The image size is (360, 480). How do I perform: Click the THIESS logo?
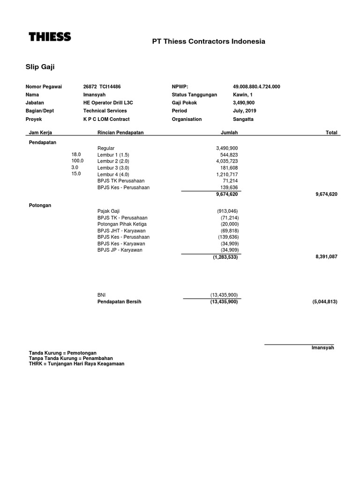pyautogui.click(x=50, y=37)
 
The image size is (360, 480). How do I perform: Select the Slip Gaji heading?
pyautogui.click(x=40, y=67)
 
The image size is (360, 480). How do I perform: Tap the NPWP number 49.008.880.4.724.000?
pyautogui.click(x=256, y=87)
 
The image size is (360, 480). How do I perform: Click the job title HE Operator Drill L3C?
pyautogui.click(x=108, y=103)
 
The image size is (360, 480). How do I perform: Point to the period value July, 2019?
pyautogui.click(x=244, y=111)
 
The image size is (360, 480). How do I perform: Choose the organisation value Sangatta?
pyautogui.click(x=243, y=119)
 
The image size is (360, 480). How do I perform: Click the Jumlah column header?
pyautogui.click(x=229, y=133)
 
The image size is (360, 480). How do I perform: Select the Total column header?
pyautogui.click(x=331, y=133)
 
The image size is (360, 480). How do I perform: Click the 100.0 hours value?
pyautogui.click(x=77, y=160)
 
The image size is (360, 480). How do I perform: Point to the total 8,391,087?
pyautogui.click(x=326, y=257)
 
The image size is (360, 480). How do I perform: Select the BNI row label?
pyautogui.click(x=101, y=295)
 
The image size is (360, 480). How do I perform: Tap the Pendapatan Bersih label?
pyautogui.click(x=119, y=302)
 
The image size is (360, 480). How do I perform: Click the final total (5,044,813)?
pyautogui.click(x=324, y=302)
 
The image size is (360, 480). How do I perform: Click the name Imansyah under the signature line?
pyautogui.click(x=322, y=348)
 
